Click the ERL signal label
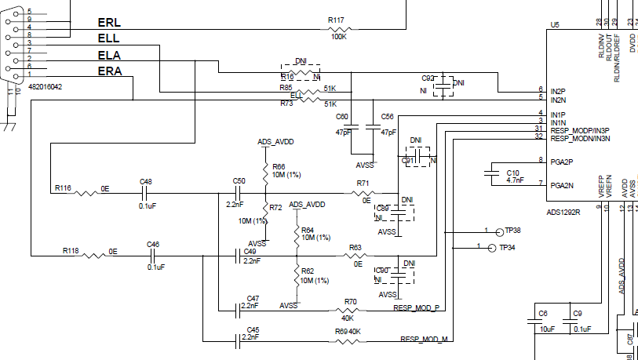(x=108, y=23)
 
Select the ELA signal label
(x=108, y=56)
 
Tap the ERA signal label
(x=109, y=71)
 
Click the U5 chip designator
(x=555, y=25)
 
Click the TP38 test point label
(x=513, y=231)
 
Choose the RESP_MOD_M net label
(x=424, y=340)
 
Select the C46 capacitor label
(x=153, y=245)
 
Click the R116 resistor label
(x=63, y=189)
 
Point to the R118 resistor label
(x=71, y=251)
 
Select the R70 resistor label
(x=350, y=301)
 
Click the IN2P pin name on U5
(x=558, y=91)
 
